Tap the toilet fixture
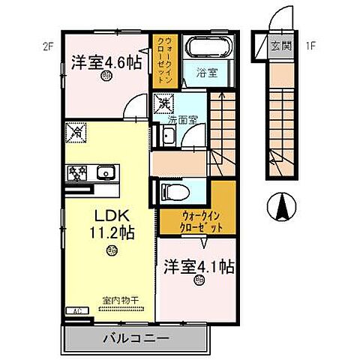[173, 192]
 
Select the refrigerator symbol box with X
[78, 132]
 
